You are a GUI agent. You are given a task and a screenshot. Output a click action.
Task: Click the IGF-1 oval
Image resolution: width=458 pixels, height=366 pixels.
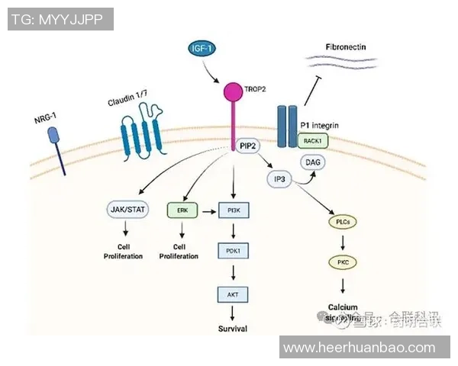[x=203, y=50]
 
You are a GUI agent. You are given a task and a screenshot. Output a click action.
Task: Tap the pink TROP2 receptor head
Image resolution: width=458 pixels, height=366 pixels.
[x=233, y=92]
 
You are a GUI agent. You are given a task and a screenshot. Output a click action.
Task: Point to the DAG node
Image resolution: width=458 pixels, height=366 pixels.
[x=313, y=162]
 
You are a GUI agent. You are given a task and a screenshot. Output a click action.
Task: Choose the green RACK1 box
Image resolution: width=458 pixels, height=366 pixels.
[x=313, y=141]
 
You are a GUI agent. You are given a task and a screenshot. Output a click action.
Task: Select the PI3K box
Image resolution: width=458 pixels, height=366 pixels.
[x=232, y=209]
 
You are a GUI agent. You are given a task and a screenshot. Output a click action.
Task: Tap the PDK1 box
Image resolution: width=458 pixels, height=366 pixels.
[x=232, y=251]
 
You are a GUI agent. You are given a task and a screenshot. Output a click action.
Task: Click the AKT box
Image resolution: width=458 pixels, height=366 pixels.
[x=232, y=292]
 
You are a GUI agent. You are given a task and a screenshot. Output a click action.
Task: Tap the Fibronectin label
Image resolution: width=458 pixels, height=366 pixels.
[x=345, y=47]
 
